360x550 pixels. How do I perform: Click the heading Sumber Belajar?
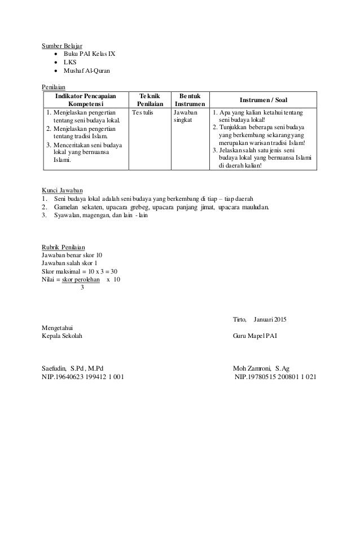[62, 45]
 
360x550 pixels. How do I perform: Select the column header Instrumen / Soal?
[263, 100]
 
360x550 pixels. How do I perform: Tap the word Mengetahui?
[58, 328]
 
